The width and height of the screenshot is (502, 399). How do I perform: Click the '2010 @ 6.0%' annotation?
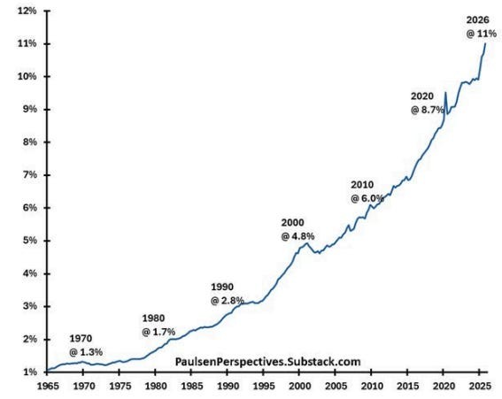click(367, 191)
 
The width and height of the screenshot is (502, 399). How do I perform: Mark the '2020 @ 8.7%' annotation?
click(428, 102)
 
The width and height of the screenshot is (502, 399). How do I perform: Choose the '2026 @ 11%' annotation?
click(482, 26)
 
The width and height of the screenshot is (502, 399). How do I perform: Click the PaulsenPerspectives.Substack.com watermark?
click(256, 362)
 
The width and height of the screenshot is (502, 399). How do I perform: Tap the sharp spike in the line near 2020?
click(444, 92)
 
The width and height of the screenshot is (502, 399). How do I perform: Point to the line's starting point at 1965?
click(48, 370)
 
